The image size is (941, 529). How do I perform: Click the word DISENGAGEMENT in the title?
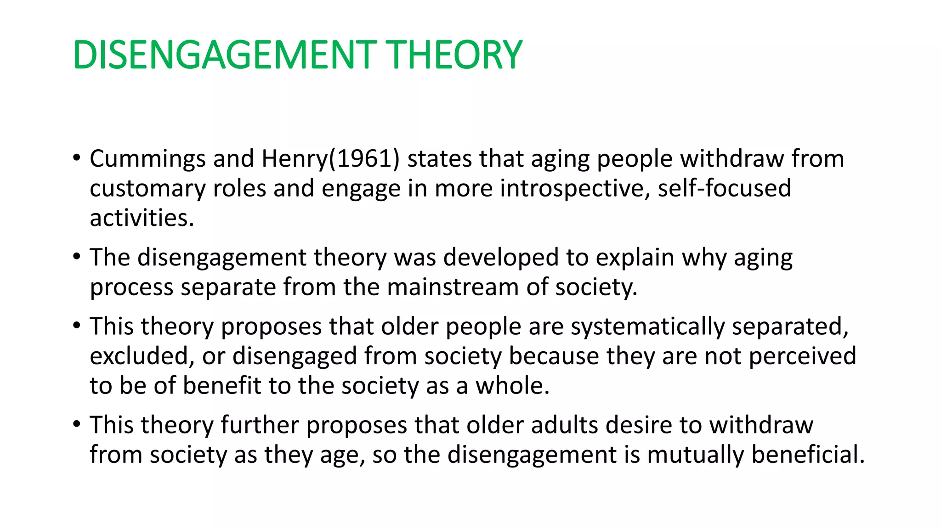(224, 55)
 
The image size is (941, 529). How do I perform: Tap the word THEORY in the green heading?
(454, 55)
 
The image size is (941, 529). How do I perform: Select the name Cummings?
(147, 159)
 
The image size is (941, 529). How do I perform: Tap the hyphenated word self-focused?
(724, 189)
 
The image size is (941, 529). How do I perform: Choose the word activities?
(142, 218)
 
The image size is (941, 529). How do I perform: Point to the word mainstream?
(453, 287)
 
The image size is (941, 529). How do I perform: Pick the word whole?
(512, 386)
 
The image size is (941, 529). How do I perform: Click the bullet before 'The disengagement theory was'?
(76, 257)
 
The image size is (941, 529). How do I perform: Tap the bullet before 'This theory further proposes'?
(76, 424)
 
